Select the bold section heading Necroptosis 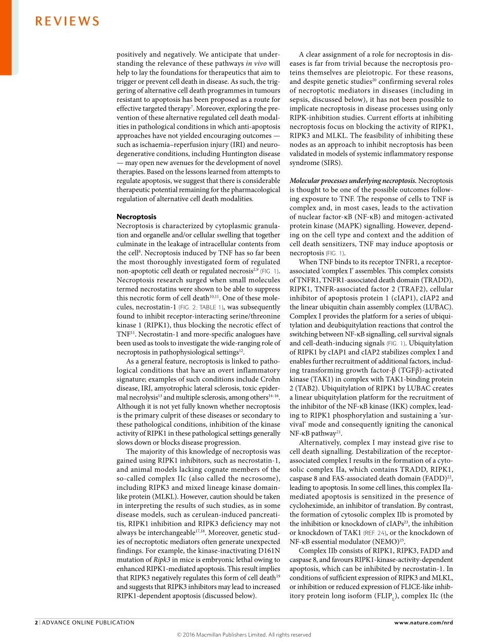[136, 217]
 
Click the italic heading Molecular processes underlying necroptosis [353, 181]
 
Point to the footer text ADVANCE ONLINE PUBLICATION [88, 622]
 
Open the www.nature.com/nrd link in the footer [423, 622]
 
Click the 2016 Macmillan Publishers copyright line [244, 635]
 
